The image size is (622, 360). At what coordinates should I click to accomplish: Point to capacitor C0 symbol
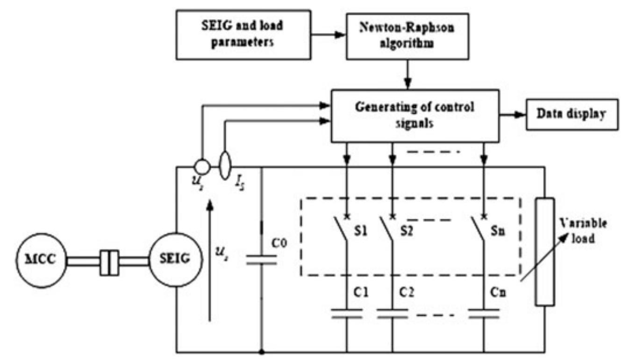tap(261, 259)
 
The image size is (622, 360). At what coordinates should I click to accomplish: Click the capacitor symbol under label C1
tap(347, 314)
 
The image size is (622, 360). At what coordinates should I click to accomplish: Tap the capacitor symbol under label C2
tap(393, 314)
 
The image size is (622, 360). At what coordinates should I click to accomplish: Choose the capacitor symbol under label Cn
tap(485, 314)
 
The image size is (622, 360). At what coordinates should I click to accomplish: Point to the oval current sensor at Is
tap(225, 167)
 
